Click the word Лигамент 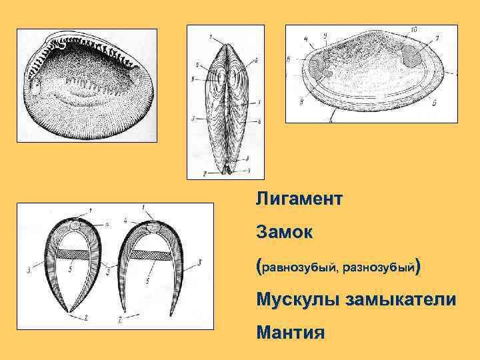tap(299, 199)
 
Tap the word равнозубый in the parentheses tap(300, 268)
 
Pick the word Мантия tap(291, 331)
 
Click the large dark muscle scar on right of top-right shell tap(413, 59)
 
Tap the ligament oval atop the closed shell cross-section tap(75, 226)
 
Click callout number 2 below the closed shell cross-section tap(86, 319)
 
